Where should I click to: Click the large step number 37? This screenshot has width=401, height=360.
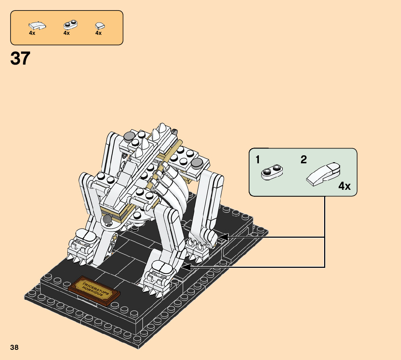[20, 58]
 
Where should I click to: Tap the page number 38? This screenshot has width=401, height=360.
[15, 347]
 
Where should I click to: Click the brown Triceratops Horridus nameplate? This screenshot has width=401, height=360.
[94, 291]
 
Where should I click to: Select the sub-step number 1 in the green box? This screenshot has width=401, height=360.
[258, 160]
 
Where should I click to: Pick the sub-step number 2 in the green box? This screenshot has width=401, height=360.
[303, 160]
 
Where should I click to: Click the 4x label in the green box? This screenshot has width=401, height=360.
[344, 186]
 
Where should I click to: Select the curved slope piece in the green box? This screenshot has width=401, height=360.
[323, 174]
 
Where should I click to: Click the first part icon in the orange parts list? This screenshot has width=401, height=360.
[37, 25]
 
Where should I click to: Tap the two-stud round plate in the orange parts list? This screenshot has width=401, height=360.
[71, 25]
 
